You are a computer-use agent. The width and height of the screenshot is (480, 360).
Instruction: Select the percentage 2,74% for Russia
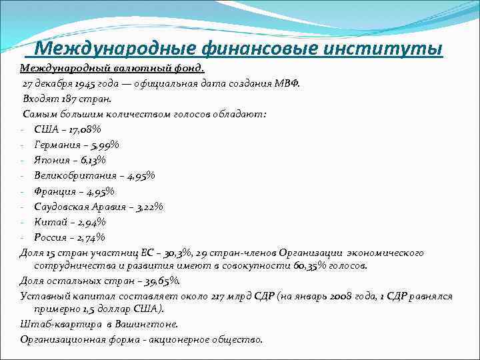[89, 237]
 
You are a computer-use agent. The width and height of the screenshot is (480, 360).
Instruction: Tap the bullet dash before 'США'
[22, 129]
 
